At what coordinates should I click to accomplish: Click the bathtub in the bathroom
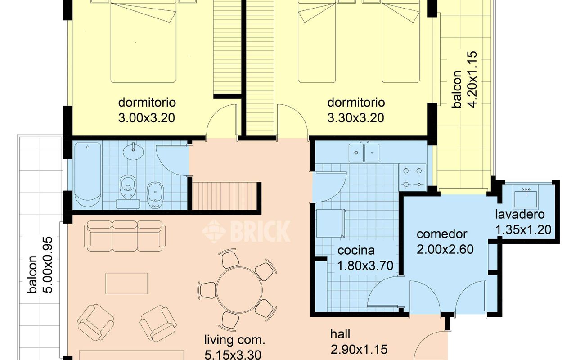tap(88, 175)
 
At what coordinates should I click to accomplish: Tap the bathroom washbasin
tap(133, 152)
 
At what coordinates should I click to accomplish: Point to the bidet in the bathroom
tap(155, 195)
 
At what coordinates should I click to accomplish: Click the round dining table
tap(239, 290)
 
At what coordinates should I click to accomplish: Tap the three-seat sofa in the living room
tap(125, 236)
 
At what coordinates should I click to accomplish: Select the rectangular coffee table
tap(127, 283)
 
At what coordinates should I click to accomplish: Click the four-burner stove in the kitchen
tap(413, 177)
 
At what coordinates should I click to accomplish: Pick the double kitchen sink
tap(364, 153)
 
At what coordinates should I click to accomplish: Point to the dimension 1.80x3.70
tap(365, 266)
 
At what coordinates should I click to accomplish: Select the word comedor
tap(442, 234)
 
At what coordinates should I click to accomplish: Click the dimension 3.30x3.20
tap(355, 118)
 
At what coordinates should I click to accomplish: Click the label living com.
tap(234, 340)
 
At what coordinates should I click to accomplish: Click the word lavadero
tap(520, 215)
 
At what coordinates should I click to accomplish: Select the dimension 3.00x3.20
tap(147, 118)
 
